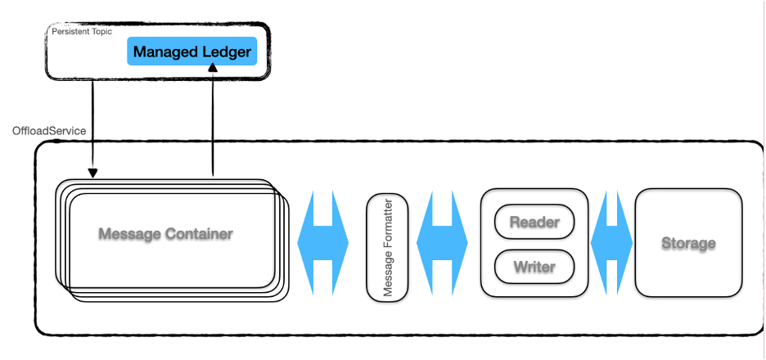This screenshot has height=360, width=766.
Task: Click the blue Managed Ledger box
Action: pos(192,52)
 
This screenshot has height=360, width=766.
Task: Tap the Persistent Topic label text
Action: pos(81,31)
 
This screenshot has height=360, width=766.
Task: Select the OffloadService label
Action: pos(50,131)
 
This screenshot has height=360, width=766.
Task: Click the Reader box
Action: pos(534,222)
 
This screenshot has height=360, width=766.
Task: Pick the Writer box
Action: pos(534,266)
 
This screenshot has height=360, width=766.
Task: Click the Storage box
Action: pos(688,243)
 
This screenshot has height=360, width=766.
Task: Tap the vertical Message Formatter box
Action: pos(386,247)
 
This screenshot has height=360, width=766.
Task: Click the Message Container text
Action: pos(165,234)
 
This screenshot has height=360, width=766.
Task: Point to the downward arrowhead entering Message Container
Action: pos(92,173)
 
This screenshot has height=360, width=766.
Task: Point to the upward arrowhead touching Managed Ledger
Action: pos(213,70)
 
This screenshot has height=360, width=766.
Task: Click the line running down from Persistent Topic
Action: pos(92,123)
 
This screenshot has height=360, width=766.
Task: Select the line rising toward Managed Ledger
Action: pos(213,123)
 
